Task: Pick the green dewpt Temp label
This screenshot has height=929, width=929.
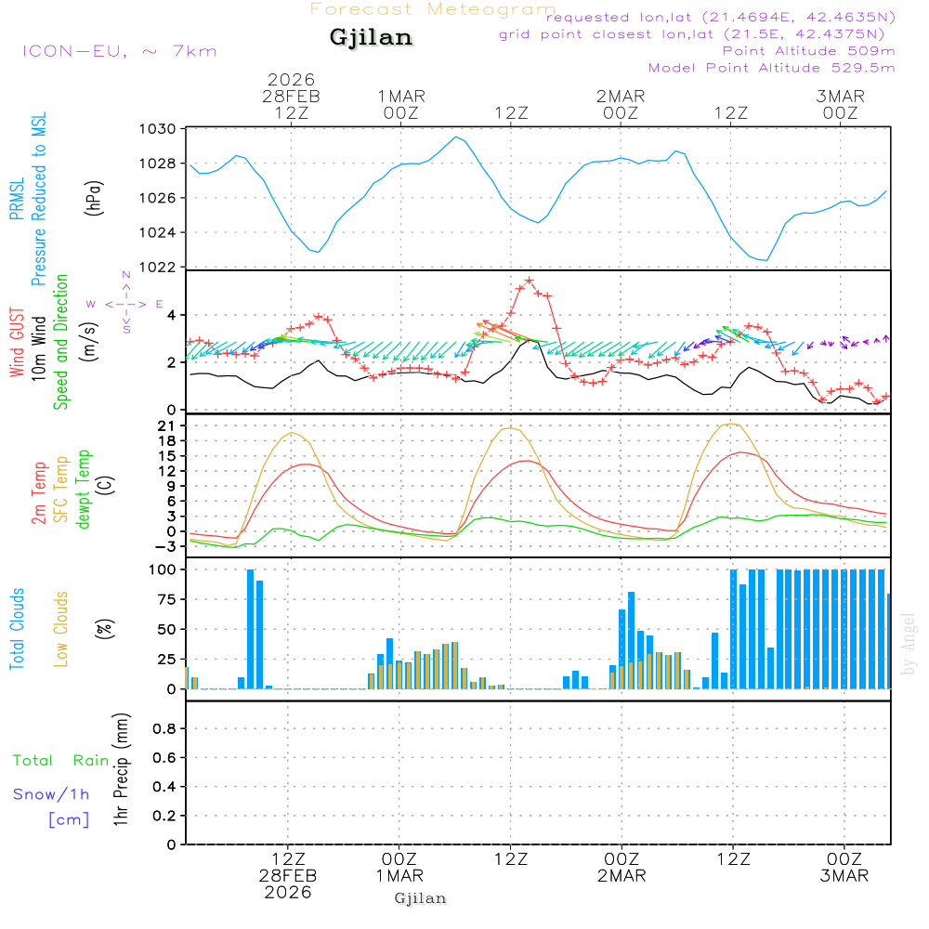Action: pos(85,489)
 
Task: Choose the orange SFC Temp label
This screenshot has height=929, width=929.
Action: pos(61,490)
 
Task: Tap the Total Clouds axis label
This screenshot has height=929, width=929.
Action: pos(16,629)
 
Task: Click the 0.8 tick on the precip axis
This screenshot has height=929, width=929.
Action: pos(164,729)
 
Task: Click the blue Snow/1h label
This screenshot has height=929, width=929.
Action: pos(52,794)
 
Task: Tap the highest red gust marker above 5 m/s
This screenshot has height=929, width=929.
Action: pos(530,280)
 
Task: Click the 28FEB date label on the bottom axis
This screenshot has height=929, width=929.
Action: pos(289,876)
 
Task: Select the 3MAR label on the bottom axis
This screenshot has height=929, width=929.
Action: pos(844,876)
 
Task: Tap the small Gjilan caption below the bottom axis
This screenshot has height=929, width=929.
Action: pos(420,898)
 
